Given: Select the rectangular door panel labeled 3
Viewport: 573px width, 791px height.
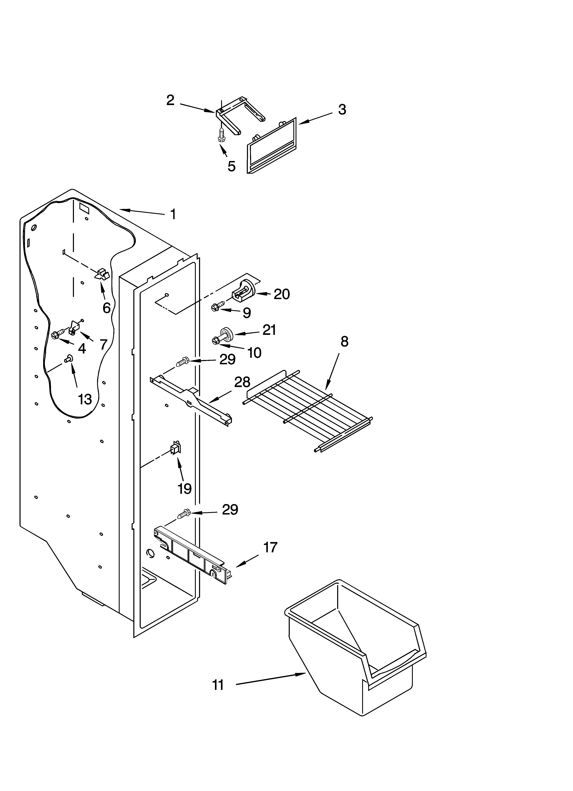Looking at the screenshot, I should pyautogui.click(x=272, y=146).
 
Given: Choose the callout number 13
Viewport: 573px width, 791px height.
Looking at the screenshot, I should pyautogui.click(x=85, y=399).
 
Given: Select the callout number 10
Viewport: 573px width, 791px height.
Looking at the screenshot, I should pyautogui.click(x=254, y=353).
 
